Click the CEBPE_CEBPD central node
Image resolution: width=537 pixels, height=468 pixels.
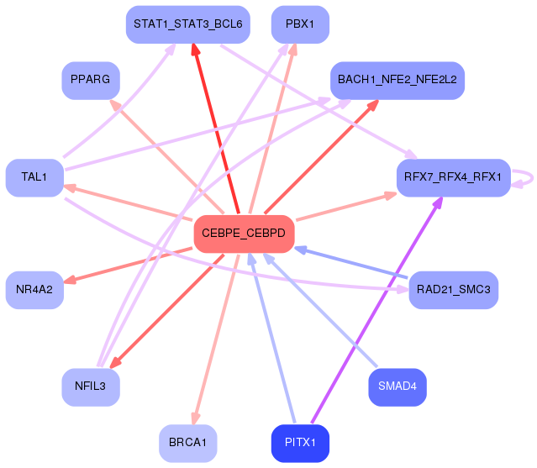point(244,234)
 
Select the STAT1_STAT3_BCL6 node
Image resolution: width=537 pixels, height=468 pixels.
point(187,24)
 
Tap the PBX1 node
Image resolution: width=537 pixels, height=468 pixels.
point(300,24)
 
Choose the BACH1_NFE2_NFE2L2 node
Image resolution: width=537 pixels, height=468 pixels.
point(397,80)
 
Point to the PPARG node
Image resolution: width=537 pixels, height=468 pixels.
point(91,81)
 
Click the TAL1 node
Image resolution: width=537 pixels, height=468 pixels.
point(34,177)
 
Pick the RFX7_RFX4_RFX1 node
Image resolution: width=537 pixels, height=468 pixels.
point(453,177)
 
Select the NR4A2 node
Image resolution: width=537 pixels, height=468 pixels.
point(34,290)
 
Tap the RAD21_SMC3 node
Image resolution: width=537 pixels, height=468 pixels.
point(453,290)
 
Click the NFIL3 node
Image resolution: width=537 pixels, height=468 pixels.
point(91,386)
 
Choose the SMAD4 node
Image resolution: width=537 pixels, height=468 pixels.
point(397,386)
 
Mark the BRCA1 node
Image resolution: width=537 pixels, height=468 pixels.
point(188,443)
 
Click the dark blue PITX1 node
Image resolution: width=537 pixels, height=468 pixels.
point(300,443)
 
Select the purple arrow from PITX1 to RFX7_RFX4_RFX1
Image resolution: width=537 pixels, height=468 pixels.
point(375,310)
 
